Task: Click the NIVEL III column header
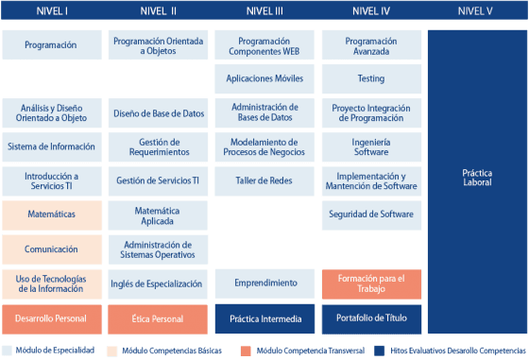click(264, 11)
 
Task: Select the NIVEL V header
click(475, 11)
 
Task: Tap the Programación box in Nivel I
click(51, 44)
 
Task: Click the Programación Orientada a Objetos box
click(157, 44)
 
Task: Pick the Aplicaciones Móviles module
click(264, 78)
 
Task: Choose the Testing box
click(370, 78)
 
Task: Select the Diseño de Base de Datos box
click(157, 113)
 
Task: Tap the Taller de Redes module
click(264, 180)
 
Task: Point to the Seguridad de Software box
click(370, 214)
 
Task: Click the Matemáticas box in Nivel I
click(51, 214)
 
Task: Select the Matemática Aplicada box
click(157, 214)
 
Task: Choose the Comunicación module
click(51, 249)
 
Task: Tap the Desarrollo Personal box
click(51, 318)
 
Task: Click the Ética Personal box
click(157, 318)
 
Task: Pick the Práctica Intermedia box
click(264, 318)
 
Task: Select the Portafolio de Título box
click(370, 318)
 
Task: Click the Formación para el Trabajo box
click(370, 283)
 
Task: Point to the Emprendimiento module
click(264, 283)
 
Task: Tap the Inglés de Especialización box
click(157, 283)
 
